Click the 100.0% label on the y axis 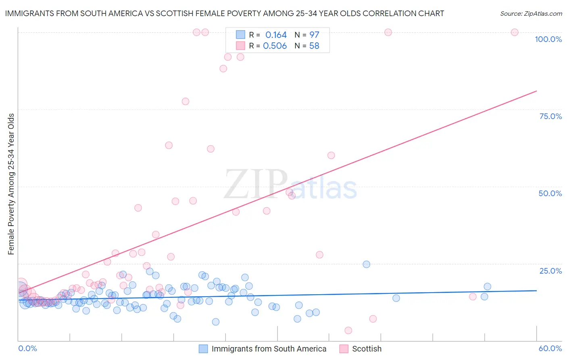point(548,39)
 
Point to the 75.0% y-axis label point(550,116)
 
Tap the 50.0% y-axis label point(550,193)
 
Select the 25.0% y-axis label point(550,271)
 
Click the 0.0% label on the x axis point(27,348)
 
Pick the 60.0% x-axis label point(550,348)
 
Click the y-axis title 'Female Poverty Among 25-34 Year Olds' point(11,184)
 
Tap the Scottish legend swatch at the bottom point(344,349)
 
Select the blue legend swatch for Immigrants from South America point(203,349)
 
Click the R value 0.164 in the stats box point(276,35)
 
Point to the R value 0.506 point(275,46)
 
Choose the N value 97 point(314,35)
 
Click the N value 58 point(314,46)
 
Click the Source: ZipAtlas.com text point(531,14)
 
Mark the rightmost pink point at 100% point(515,32)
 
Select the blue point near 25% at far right point(366,264)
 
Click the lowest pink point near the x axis point(348,331)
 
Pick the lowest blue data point point(216,322)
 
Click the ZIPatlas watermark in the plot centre point(290,184)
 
